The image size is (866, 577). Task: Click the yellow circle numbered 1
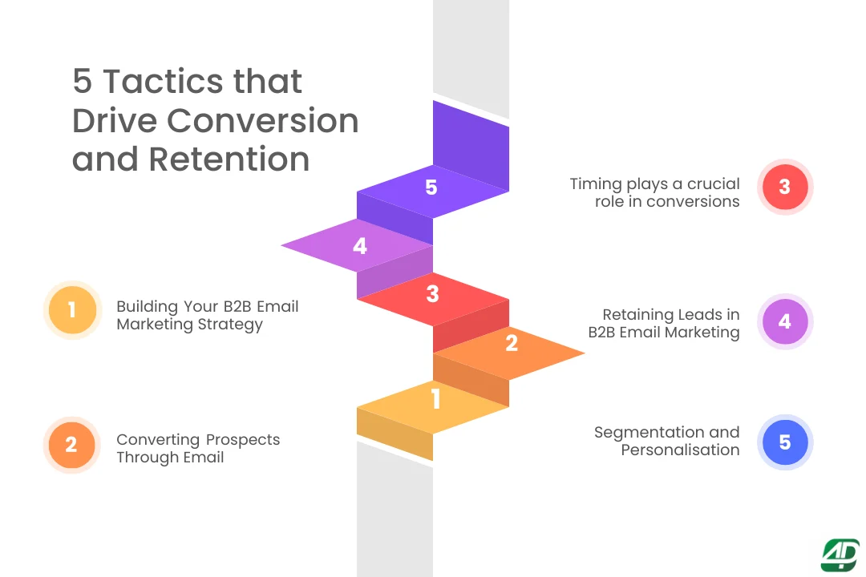tap(72, 309)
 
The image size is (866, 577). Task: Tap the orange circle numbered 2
tap(72, 444)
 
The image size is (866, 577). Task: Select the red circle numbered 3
tap(784, 187)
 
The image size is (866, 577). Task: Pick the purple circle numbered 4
tap(784, 321)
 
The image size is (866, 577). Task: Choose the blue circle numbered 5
tap(784, 442)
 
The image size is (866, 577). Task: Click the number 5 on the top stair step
tap(431, 188)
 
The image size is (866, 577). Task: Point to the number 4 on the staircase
tap(360, 247)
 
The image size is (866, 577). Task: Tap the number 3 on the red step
tap(432, 294)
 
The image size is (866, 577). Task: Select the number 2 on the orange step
tap(512, 344)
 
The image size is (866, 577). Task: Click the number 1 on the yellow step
tap(435, 399)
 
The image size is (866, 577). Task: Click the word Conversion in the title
tap(262, 120)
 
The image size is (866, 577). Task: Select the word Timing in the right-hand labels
tap(597, 184)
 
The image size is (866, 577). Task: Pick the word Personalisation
tap(680, 450)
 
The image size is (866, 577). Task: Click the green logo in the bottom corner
tap(840, 555)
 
